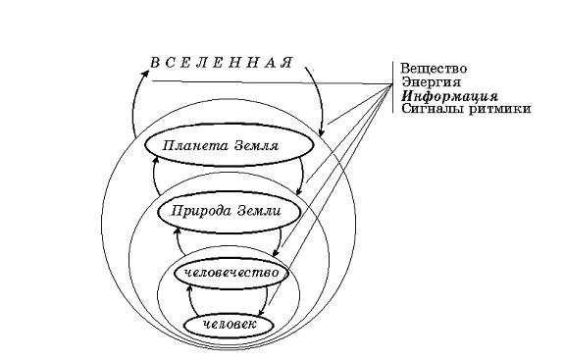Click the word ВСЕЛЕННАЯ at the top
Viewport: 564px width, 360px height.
[x=222, y=64]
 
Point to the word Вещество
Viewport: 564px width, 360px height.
[x=433, y=68]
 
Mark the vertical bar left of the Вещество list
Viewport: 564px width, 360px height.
[x=397, y=88]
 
